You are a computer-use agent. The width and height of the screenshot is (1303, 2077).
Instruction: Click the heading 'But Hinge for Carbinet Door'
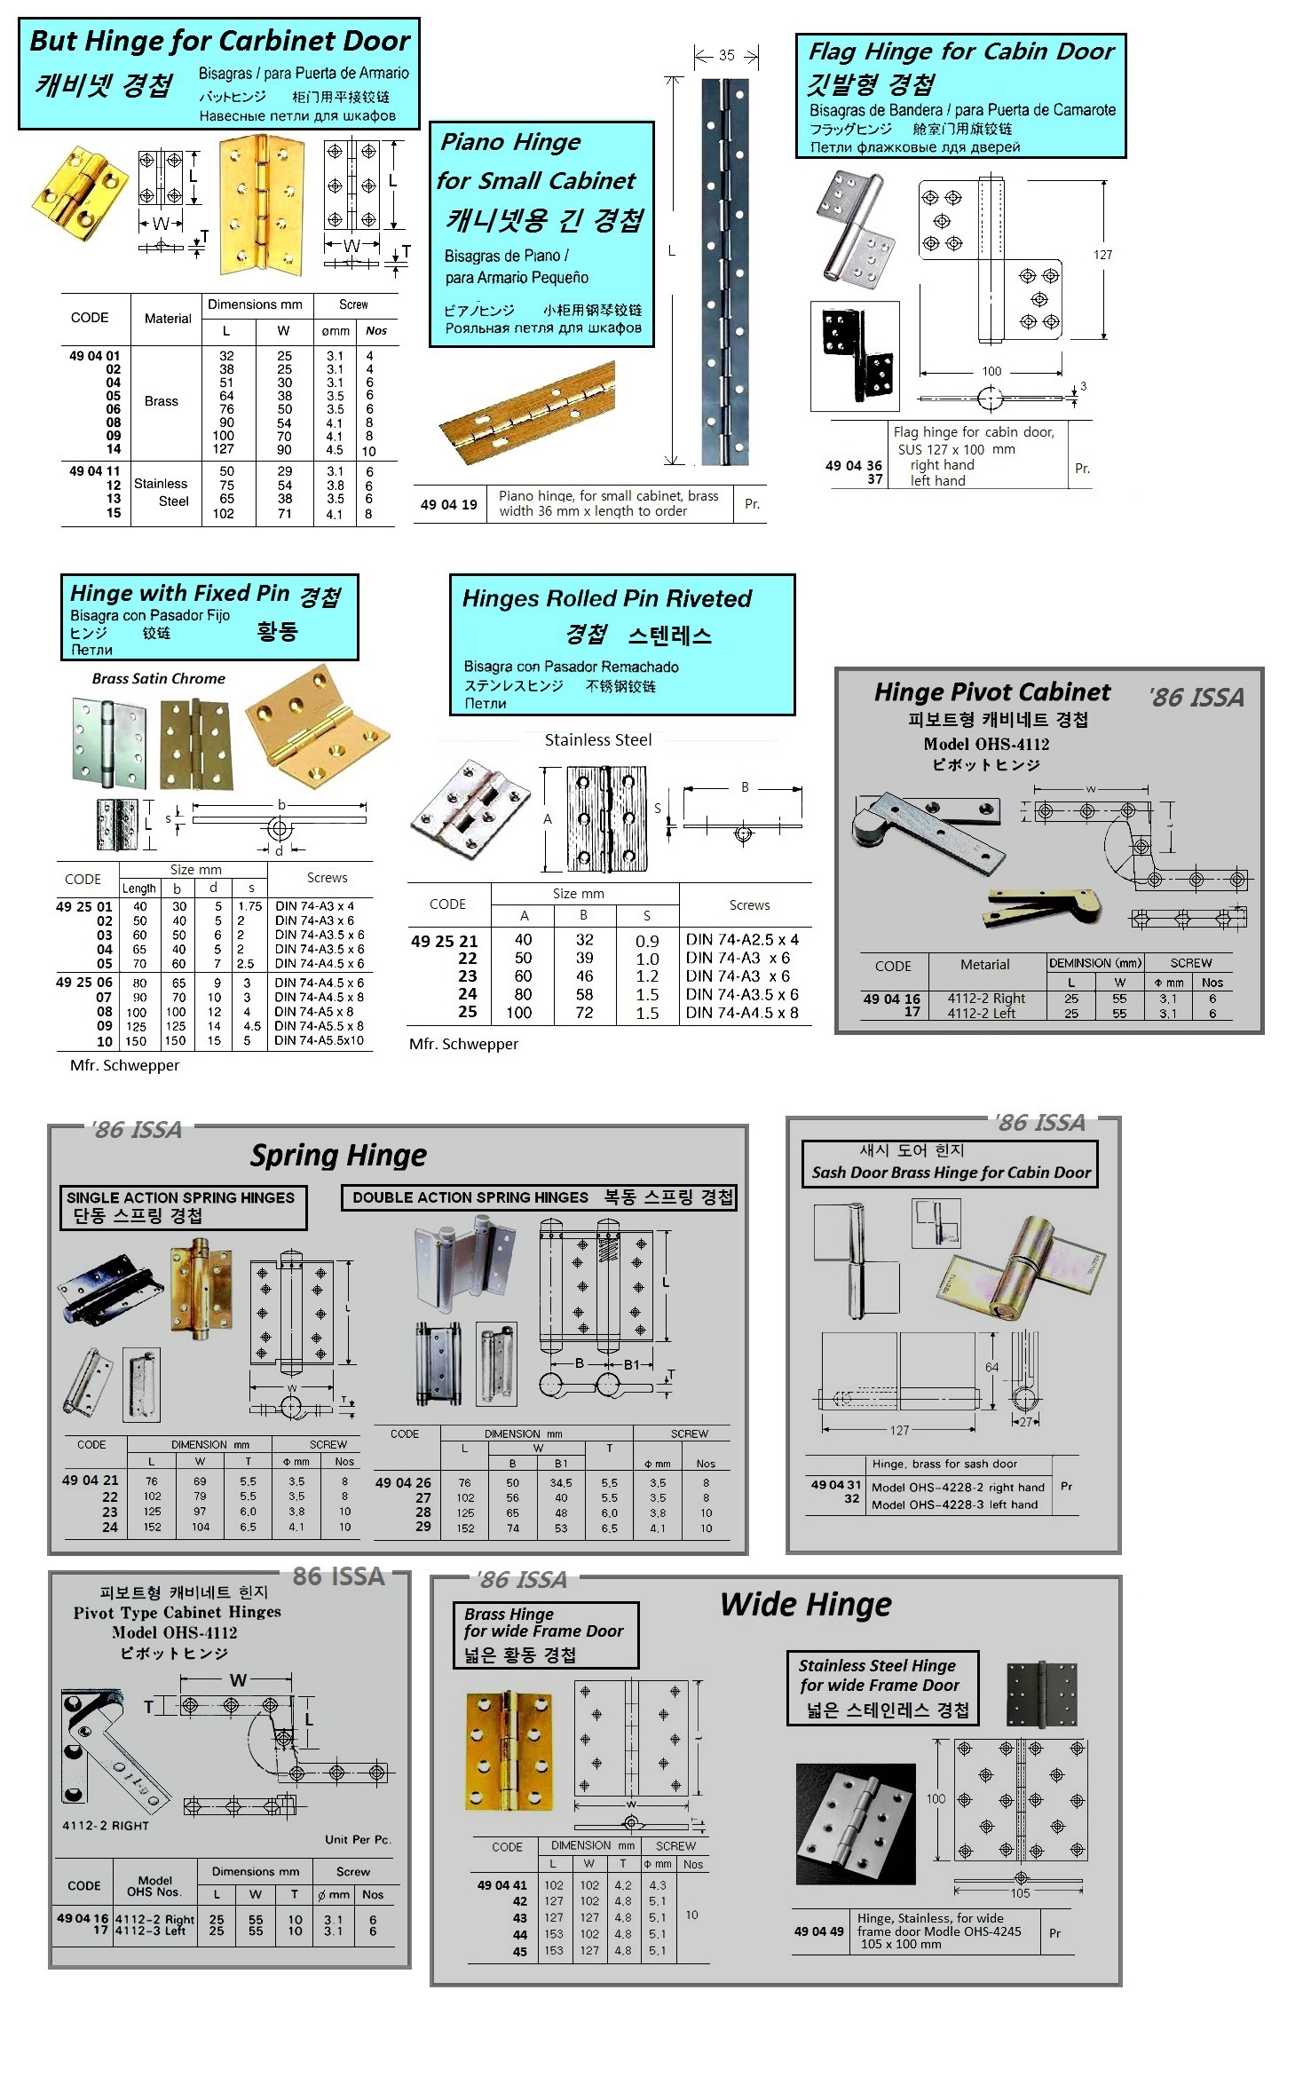coord(219,41)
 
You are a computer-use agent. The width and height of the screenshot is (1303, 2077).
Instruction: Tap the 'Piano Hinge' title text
coord(510,142)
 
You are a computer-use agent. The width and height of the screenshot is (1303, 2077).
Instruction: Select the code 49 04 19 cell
coord(448,504)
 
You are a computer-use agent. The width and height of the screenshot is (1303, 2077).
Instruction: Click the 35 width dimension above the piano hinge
coord(726,55)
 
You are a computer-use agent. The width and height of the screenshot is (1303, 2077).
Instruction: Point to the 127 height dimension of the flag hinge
coord(1102,255)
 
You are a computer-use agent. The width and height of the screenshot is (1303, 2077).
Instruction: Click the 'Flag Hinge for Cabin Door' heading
coord(960,51)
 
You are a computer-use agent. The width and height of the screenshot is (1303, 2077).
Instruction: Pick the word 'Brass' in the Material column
coord(161,401)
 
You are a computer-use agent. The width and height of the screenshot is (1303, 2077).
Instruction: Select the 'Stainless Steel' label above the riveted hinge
coord(597,739)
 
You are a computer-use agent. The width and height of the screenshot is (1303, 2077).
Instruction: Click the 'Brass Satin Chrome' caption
coord(158,678)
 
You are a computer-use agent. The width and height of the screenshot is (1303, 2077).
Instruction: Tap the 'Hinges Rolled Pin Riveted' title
coord(606,598)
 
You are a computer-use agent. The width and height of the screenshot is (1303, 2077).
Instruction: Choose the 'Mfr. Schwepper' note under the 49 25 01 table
coord(124,1065)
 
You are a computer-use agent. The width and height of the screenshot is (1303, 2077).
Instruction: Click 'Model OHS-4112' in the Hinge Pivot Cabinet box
coord(985,744)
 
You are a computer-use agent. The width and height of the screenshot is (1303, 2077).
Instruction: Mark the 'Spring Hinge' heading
coord(338,1155)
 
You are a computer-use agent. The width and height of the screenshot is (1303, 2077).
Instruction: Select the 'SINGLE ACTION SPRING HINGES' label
coord(180,1197)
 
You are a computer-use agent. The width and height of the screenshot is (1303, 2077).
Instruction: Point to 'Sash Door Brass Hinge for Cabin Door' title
coord(951,1172)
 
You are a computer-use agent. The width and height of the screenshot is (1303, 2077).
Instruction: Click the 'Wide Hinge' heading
coord(805,1604)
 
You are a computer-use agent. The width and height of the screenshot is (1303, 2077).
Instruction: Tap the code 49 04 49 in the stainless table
coord(818,1931)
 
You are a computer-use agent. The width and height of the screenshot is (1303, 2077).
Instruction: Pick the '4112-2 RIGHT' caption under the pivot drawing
coord(106,1825)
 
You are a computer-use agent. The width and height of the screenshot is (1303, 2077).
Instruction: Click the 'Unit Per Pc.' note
coord(357,1838)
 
